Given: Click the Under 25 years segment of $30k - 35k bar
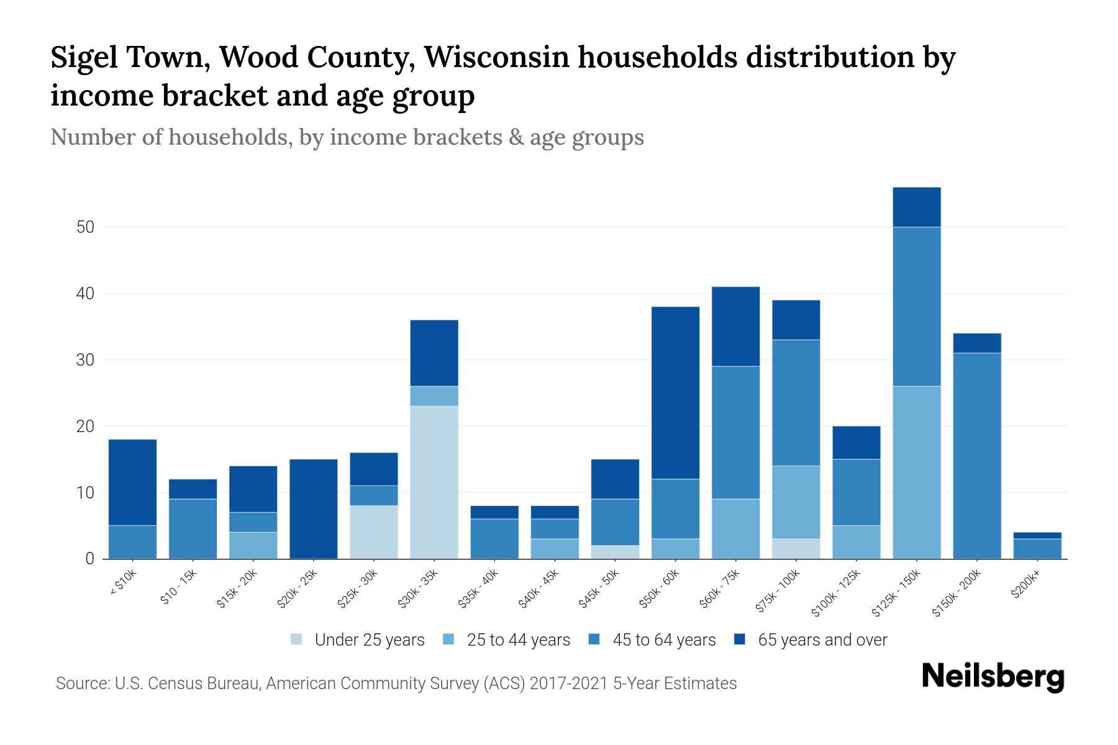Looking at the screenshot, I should point(434,482).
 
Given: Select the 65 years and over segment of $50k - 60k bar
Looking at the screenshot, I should point(675,392).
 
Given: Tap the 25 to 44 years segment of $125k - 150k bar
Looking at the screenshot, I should point(916,472).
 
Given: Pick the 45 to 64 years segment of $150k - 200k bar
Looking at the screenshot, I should point(976,456).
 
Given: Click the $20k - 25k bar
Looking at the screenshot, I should point(314,509).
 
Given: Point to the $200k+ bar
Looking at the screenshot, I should point(1037,546).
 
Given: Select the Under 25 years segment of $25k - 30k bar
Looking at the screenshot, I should point(374,532).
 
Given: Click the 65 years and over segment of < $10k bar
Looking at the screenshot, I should point(132,482).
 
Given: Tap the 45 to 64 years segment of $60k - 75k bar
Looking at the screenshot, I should point(735,433).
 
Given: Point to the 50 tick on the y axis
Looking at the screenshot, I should point(85,227).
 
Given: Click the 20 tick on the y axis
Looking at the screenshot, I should point(85,427).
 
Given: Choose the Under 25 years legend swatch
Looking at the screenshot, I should point(297,639).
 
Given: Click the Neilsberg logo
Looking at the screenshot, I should point(993,677).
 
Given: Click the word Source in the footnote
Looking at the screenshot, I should point(81,684).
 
